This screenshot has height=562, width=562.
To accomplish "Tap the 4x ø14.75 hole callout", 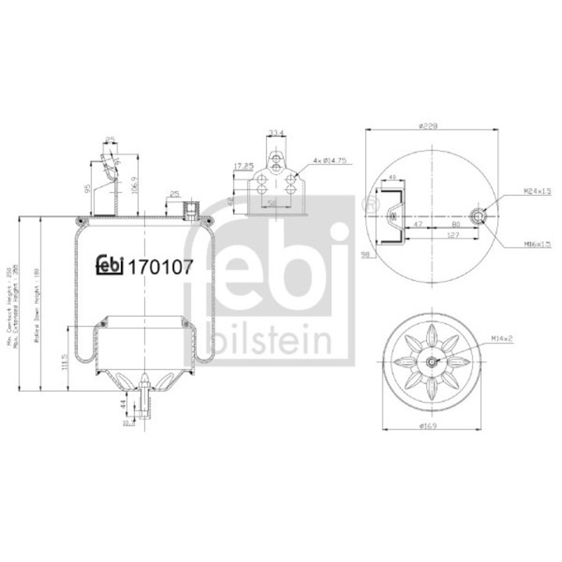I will click(329, 160).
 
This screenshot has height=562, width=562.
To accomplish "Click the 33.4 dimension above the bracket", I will click(276, 132).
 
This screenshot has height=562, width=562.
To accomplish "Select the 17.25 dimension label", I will click(244, 165).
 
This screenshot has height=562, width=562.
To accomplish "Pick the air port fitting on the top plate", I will click(188, 209).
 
